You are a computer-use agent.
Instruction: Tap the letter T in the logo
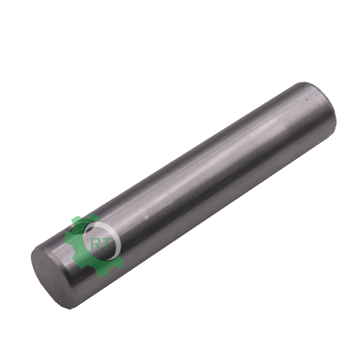pos(107,244)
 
